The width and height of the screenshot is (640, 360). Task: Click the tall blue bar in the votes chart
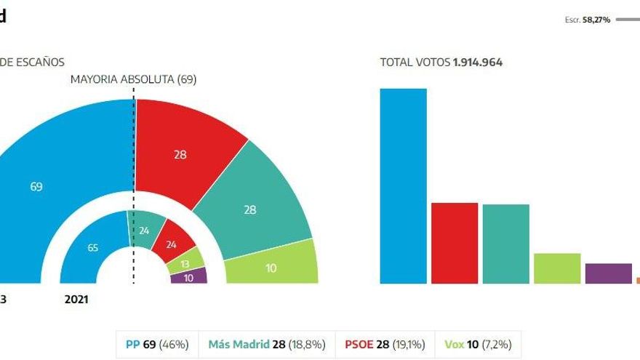[x=403, y=185]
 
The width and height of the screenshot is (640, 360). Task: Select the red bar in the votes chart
[x=455, y=242]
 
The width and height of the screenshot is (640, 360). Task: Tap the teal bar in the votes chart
[x=505, y=244]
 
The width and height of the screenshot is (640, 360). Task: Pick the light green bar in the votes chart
[x=557, y=268]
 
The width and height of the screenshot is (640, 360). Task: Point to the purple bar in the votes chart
[x=608, y=273]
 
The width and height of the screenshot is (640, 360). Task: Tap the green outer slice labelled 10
[x=271, y=268]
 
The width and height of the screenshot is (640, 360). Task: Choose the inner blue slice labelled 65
[x=92, y=247]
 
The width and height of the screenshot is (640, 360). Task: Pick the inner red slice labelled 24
[x=172, y=244]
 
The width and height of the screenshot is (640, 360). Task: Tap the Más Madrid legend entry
[x=266, y=343]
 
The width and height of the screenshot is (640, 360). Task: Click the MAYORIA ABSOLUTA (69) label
[x=133, y=79]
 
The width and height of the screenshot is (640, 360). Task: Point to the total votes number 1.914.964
[x=477, y=63]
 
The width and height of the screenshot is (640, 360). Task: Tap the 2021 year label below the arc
[x=76, y=299]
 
